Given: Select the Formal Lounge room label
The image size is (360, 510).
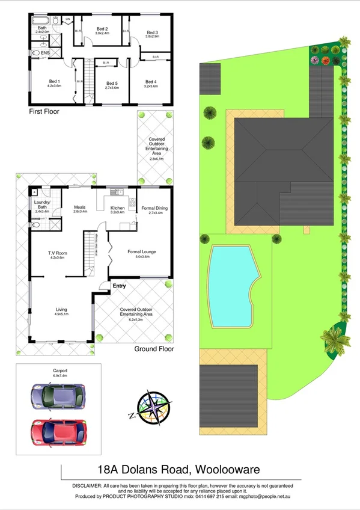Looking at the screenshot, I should pyautogui.click(x=142, y=254).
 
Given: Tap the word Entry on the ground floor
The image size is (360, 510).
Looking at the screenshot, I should pyautogui.click(x=120, y=286).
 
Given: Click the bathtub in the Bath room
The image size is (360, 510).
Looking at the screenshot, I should pyautogui.click(x=42, y=21).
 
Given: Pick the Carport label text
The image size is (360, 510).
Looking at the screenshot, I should pyautogui.click(x=60, y=370).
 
